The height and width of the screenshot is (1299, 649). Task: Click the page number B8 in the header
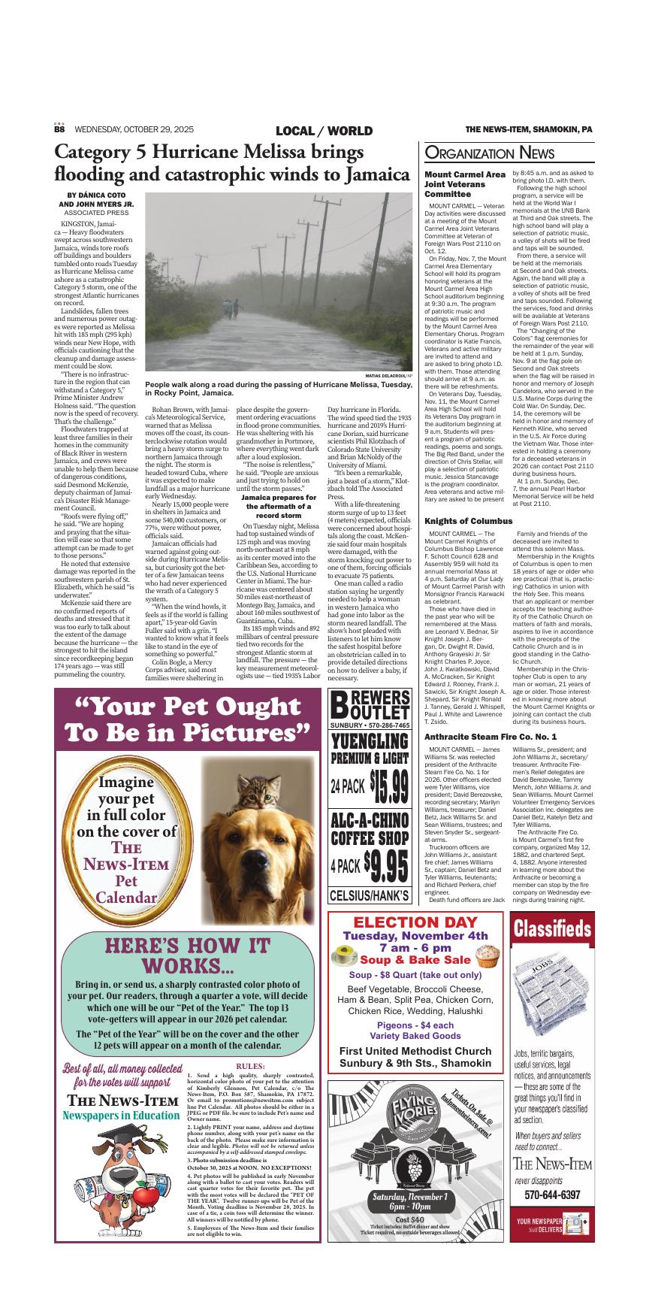click(59, 129)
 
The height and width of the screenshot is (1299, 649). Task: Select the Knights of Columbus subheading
click(469, 500)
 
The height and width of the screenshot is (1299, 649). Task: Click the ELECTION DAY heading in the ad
click(415, 922)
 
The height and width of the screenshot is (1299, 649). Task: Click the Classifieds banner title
click(553, 930)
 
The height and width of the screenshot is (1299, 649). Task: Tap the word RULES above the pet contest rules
click(250, 1066)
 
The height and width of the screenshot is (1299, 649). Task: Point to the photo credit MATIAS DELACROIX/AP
click(388, 374)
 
